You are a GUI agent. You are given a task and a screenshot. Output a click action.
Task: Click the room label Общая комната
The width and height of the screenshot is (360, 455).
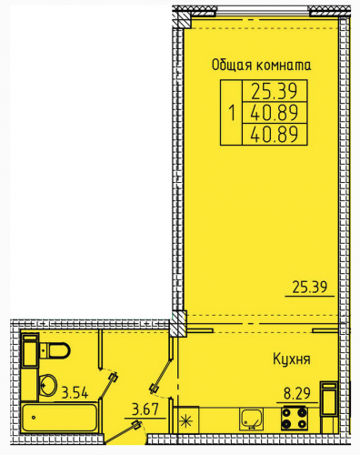click(x=261, y=66)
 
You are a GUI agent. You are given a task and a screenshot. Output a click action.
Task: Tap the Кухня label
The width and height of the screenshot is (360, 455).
click(x=292, y=359)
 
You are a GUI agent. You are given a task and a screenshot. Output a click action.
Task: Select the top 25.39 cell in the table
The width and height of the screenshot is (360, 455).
click(x=275, y=91)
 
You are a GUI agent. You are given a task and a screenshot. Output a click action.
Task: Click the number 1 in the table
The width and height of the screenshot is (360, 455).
click(x=232, y=113)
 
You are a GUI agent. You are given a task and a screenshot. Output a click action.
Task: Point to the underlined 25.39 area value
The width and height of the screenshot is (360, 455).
click(x=310, y=287)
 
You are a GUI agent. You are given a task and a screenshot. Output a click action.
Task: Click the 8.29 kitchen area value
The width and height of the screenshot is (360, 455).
click(x=297, y=393)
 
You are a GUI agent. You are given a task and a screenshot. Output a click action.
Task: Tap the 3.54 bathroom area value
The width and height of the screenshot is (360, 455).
click(x=75, y=392)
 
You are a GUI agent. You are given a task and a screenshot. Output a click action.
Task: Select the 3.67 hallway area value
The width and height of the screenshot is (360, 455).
click(x=145, y=409)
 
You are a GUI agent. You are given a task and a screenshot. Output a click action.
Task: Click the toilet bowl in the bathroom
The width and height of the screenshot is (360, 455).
click(x=55, y=350)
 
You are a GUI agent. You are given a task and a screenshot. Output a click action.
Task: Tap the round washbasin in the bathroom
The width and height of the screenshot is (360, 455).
click(x=48, y=385)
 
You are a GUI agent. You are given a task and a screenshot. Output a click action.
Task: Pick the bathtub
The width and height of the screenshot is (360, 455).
click(x=60, y=418)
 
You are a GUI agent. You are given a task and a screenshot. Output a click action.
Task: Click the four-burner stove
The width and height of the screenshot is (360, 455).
click(x=294, y=419)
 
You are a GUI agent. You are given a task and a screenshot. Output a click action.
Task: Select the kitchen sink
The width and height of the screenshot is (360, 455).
click(x=251, y=419)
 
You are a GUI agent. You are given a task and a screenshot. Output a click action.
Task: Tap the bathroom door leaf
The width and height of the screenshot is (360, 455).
click(x=109, y=386)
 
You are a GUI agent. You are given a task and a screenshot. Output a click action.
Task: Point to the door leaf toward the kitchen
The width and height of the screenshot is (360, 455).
click(x=161, y=376)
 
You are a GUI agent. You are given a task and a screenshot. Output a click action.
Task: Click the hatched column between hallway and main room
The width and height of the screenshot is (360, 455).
click(x=178, y=323)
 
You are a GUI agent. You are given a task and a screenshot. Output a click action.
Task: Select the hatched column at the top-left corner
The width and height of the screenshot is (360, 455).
click(x=183, y=21)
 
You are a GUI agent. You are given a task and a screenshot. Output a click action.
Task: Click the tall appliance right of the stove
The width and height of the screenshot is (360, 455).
click(x=329, y=399)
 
